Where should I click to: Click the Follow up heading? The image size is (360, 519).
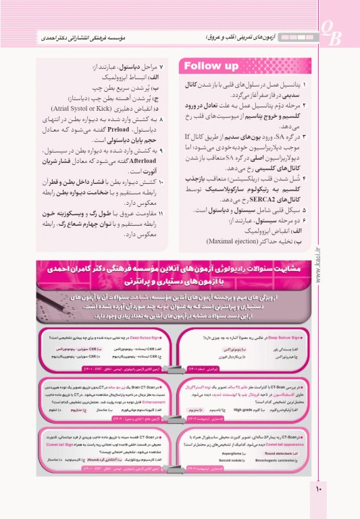point(211,66)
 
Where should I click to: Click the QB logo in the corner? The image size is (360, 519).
point(330,32)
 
